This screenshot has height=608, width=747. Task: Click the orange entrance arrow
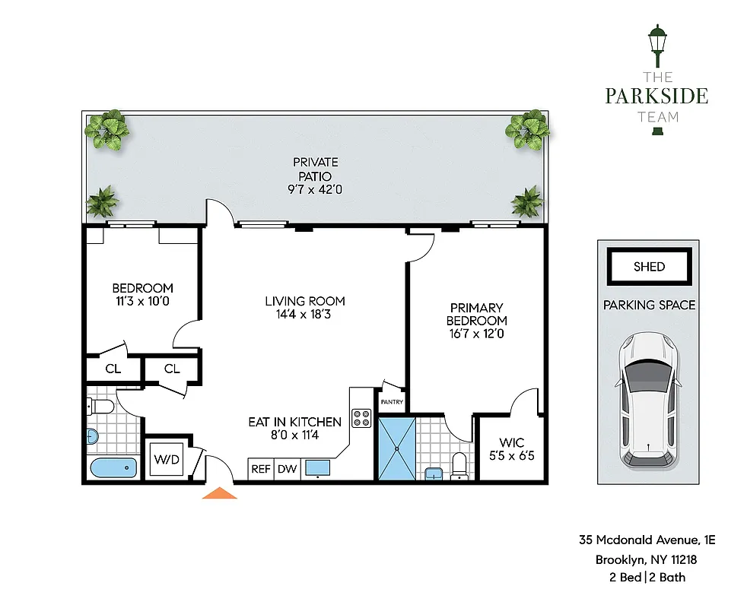pyautogui.click(x=219, y=493)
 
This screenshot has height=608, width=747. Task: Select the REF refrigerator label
pyautogui.click(x=261, y=469)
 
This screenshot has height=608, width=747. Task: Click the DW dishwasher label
pyautogui.click(x=287, y=469)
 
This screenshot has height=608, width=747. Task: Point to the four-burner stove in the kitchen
pyautogui.click(x=361, y=419)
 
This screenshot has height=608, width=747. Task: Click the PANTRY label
pyautogui.click(x=392, y=403)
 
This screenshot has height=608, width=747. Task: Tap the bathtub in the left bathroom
pyautogui.click(x=113, y=468)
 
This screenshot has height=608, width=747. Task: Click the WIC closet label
pyautogui.click(x=511, y=442)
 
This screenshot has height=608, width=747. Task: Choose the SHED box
pyautogui.click(x=649, y=267)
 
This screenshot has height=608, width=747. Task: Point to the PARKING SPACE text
pyautogui.click(x=649, y=305)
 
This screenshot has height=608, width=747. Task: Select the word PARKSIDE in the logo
pyautogui.click(x=656, y=97)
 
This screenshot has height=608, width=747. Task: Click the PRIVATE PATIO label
pyautogui.click(x=316, y=169)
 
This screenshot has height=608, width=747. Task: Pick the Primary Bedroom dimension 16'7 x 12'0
pyautogui.click(x=476, y=334)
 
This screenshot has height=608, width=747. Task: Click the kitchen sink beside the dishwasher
pyautogui.click(x=317, y=468)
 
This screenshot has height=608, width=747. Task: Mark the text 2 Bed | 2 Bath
pyautogui.click(x=647, y=578)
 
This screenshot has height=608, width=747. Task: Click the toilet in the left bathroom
pyautogui.click(x=102, y=407)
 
